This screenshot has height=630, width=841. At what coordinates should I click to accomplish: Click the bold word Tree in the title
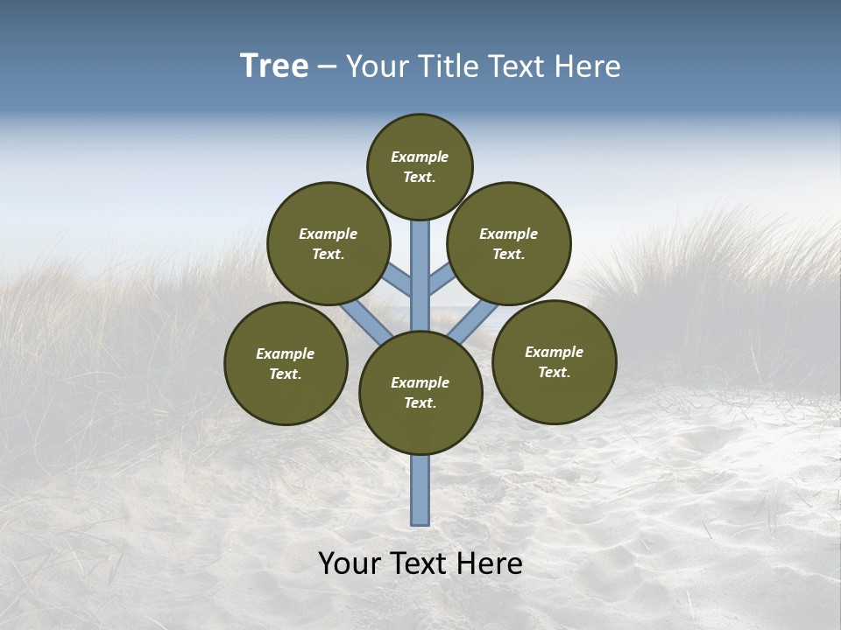pyautogui.click(x=274, y=66)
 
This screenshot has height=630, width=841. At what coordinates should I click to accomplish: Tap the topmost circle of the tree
pyautogui.click(x=420, y=166)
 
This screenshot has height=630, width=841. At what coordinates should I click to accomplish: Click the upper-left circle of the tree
pyautogui.click(x=329, y=243)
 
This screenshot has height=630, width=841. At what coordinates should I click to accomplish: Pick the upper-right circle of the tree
pyautogui.click(x=509, y=243)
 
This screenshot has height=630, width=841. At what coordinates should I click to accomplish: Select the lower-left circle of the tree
pyautogui.click(x=286, y=363)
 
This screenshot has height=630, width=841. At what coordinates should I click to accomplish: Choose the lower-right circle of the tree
pyautogui.click(x=555, y=361)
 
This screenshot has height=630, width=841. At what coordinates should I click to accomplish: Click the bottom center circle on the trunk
pyautogui.click(x=420, y=393)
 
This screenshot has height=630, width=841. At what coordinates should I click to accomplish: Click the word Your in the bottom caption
pyautogui.click(x=350, y=563)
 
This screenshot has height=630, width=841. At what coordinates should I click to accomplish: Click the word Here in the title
pyautogui.click(x=588, y=66)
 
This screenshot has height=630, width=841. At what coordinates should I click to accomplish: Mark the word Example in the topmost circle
pyautogui.click(x=420, y=157)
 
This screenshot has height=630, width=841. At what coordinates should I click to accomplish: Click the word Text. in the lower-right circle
pyautogui.click(x=555, y=372)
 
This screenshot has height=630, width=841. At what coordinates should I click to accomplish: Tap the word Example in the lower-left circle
pyautogui.click(x=286, y=353)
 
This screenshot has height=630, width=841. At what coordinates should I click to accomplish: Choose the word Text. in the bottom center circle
pyautogui.click(x=420, y=402)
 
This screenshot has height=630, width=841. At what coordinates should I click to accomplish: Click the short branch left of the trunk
pyautogui.click(x=398, y=279)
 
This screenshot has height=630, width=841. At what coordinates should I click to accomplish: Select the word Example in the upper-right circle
pyautogui.click(x=509, y=234)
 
